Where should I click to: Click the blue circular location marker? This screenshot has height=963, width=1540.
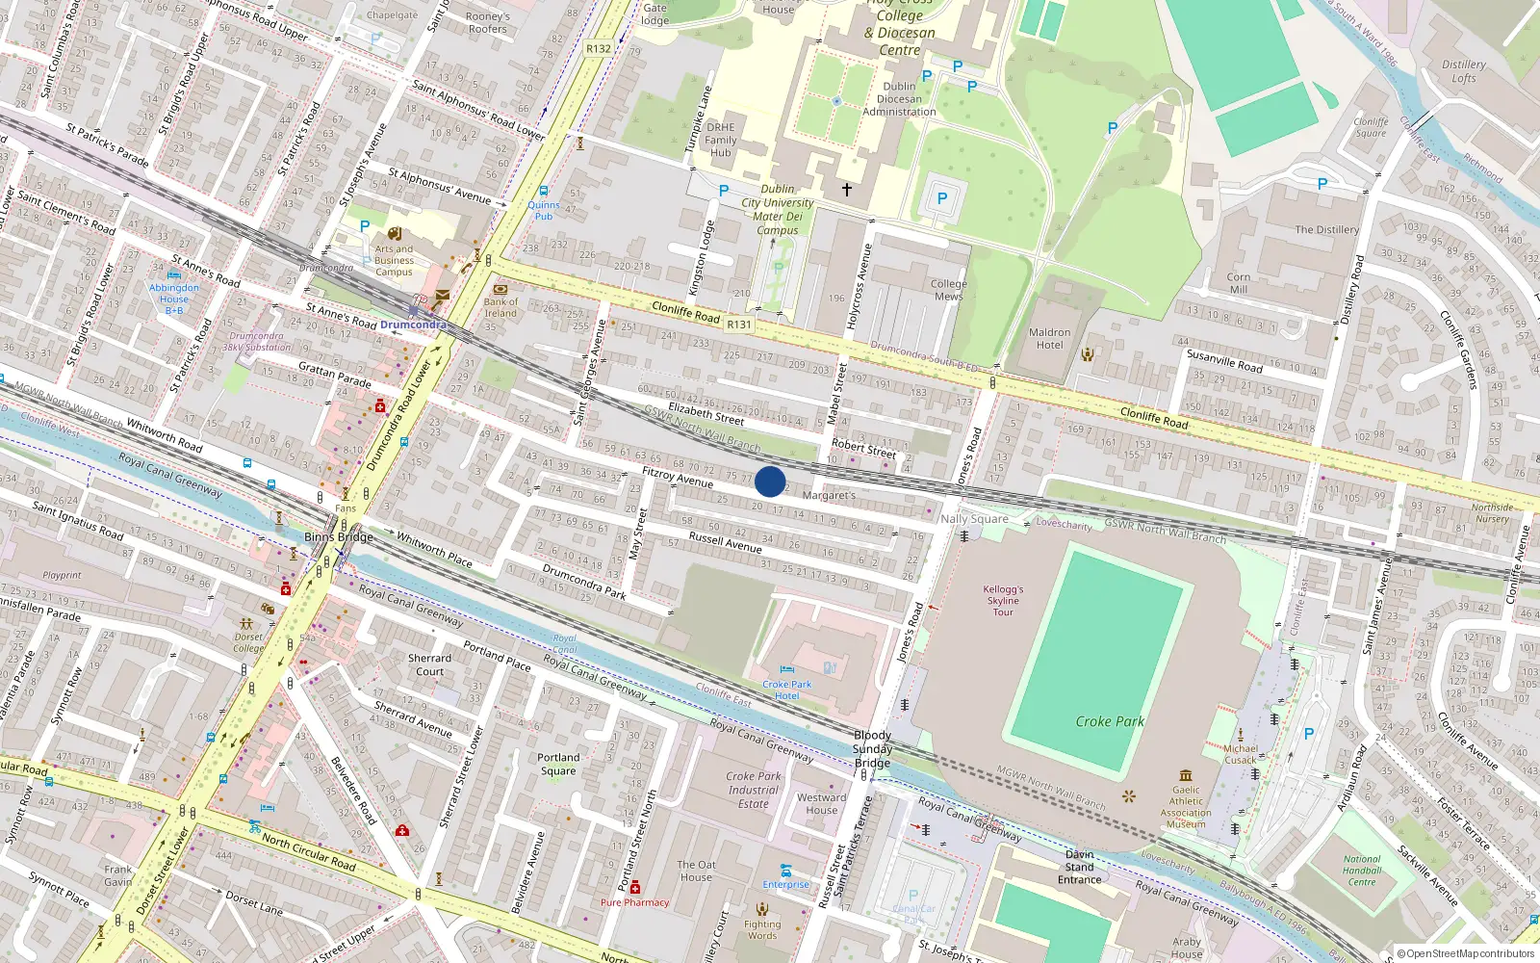coord(770,481)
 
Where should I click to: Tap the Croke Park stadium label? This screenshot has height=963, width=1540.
coord(1110,721)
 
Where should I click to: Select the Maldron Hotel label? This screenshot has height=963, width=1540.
coord(1049,339)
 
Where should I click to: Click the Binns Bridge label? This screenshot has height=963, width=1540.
coord(338,537)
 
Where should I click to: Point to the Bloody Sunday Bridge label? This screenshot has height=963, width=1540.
coord(872,749)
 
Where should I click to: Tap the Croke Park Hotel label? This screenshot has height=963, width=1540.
coord(787,690)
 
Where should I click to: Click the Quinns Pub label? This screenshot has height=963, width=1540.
coord(544,210)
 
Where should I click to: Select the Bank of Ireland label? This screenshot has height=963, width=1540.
coord(500,307)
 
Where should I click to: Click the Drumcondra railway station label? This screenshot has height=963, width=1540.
coord(413,325)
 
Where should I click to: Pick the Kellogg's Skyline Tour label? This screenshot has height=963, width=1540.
coord(1003,600)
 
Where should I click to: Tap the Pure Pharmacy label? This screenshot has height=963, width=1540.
coord(634,902)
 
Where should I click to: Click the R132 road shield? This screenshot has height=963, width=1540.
coord(599,48)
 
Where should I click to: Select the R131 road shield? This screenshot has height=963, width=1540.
coord(739,325)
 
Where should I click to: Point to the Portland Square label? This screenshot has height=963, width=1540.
coord(558,764)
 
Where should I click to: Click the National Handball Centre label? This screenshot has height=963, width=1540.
coord(1361,871)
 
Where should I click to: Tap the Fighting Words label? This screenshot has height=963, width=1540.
coord(762,929)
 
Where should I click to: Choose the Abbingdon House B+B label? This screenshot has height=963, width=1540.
coord(174,299)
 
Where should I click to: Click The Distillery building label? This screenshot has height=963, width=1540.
coord(1326,230)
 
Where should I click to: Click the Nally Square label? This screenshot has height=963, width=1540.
coord(974,519)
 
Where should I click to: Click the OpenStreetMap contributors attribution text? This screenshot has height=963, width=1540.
coord(1465,954)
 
